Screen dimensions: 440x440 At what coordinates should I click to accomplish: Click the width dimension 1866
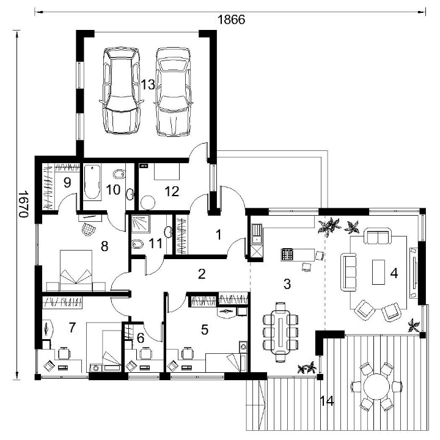tap(231, 20)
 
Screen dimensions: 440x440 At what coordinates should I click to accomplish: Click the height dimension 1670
tap(23, 204)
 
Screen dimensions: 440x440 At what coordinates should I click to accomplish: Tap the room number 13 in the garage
tap(148, 84)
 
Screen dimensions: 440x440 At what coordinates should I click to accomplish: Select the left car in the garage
tap(122, 90)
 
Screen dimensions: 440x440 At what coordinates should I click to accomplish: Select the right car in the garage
tap(174, 92)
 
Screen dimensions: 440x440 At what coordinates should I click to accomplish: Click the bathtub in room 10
tap(92, 182)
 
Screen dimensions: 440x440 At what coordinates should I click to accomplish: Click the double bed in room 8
tap(76, 271)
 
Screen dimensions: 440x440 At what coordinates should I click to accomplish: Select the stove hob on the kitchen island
tap(287, 255)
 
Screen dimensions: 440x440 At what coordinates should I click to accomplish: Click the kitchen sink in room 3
tap(257, 233)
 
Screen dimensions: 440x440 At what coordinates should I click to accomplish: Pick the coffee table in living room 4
tap(378, 272)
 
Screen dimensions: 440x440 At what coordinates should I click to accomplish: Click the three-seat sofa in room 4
tap(348, 271)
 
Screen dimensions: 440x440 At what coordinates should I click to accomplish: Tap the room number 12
tap(172, 191)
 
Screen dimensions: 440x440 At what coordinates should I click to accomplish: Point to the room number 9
tap(67, 183)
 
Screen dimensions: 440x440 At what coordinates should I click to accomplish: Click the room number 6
tap(141, 338)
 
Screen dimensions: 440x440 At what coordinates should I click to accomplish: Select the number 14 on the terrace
tap(327, 401)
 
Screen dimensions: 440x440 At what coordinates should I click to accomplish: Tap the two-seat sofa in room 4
tap(378, 236)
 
